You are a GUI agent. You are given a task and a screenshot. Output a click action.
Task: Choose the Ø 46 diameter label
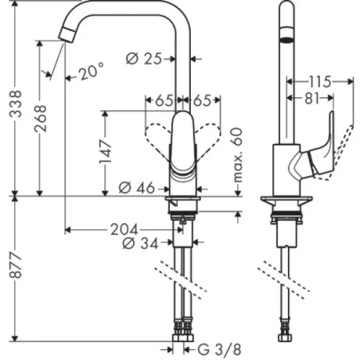tap(138, 188)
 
